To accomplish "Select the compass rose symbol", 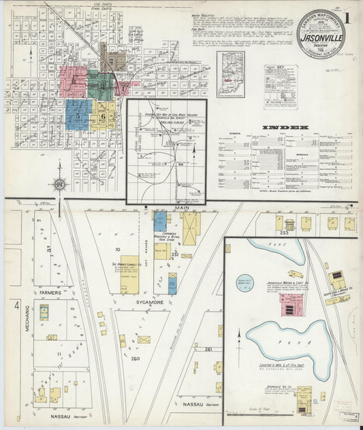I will click(x=59, y=184).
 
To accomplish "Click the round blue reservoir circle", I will click(x=244, y=282).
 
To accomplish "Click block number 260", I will click(x=135, y=359).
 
